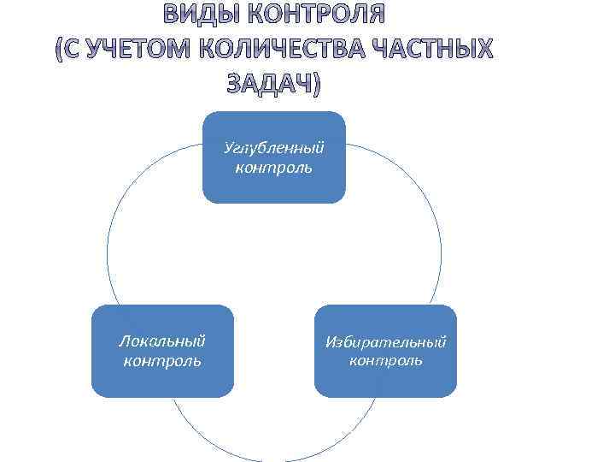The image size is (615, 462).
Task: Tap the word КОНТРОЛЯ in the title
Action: tap(315, 15)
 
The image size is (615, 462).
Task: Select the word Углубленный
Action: tap(274, 149)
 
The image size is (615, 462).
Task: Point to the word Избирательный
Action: tap(385, 342)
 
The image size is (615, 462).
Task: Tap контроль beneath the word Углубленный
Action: tap(274, 167)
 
